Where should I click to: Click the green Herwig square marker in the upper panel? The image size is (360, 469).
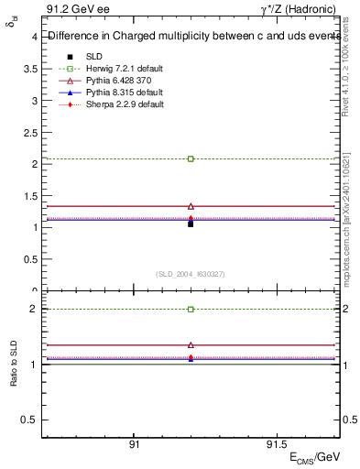(191, 158)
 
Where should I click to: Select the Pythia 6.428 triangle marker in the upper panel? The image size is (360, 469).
(191, 206)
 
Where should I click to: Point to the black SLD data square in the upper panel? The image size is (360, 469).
(191, 224)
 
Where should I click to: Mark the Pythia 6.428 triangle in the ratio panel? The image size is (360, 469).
(191, 345)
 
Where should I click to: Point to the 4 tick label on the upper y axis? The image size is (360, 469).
(34, 38)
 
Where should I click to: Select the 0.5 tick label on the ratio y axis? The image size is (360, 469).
(29, 420)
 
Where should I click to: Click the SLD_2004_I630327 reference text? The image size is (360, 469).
(191, 274)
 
